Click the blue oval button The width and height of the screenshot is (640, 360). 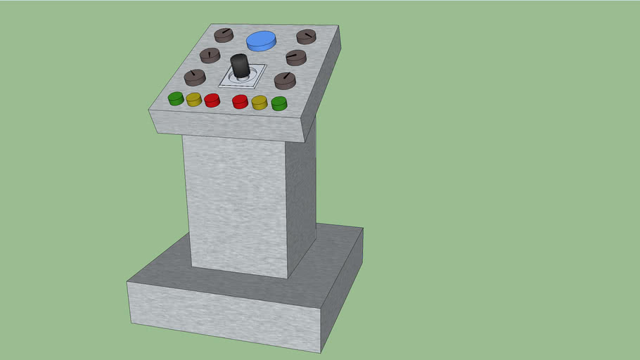[x=261, y=40]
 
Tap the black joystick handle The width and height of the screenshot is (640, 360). [x=240, y=66]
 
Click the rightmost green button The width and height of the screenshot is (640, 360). [x=279, y=103]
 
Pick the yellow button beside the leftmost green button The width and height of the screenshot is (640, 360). [x=194, y=99]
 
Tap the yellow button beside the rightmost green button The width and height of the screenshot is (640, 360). [x=260, y=102]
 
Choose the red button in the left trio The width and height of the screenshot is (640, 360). [x=212, y=100]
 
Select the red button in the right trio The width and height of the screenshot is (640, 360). [x=241, y=101]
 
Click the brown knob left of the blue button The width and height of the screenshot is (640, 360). [x=223, y=34]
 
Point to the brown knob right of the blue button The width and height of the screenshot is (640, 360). [x=306, y=37]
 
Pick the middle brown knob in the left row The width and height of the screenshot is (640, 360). [x=210, y=56]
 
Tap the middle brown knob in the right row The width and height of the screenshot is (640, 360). [x=296, y=57]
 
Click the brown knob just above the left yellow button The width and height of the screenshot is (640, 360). [x=195, y=77]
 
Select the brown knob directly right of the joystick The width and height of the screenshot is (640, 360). [x=285, y=80]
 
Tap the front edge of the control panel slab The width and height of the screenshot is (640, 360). [x=225, y=124]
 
